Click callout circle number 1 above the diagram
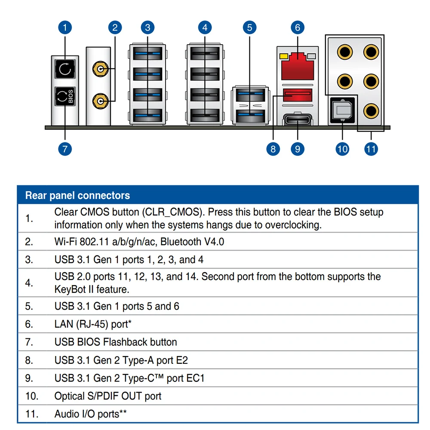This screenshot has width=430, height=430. point(65,28)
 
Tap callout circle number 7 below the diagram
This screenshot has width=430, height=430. point(65,149)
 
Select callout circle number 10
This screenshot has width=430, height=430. point(342,149)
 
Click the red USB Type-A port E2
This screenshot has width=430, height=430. point(297,96)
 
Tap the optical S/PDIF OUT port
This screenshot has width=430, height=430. point(342,110)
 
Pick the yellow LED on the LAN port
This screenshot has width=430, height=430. point(283,56)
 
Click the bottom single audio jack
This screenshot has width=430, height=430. point(370,111)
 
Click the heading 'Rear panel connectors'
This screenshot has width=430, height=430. point(77,196)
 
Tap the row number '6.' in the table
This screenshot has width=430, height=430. point(29,324)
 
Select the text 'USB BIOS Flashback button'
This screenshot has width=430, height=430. point(116,342)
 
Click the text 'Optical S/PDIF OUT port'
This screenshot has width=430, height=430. point(108,396)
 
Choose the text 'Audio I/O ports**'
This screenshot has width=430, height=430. point(90,414)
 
